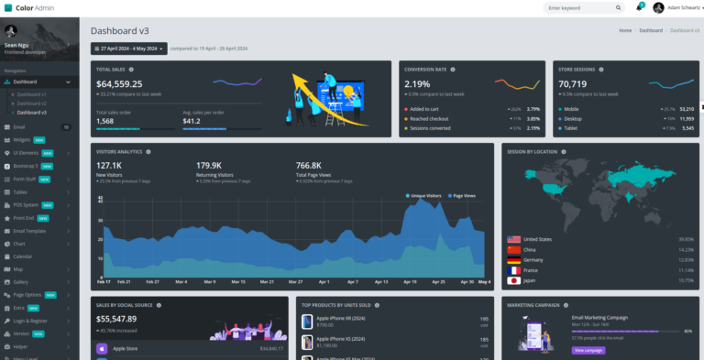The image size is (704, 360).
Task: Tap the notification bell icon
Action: pyautogui.click(x=639, y=7)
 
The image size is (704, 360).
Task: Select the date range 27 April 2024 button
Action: pyautogui.click(x=128, y=49)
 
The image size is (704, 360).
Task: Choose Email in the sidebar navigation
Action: pyautogui.click(x=19, y=126)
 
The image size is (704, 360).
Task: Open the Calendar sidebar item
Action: pyautogui.click(x=23, y=256)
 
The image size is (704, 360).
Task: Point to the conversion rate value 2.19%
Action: pyautogui.click(x=417, y=84)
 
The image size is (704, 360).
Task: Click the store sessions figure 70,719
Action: pyautogui.click(x=573, y=84)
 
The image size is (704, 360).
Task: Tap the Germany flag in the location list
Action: pyautogui.click(x=513, y=259)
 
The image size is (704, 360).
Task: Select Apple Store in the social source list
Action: pyautogui.click(x=126, y=348)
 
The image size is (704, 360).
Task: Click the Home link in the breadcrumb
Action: pyautogui.click(x=625, y=30)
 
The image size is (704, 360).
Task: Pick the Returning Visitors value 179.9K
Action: pyautogui.click(x=209, y=165)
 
